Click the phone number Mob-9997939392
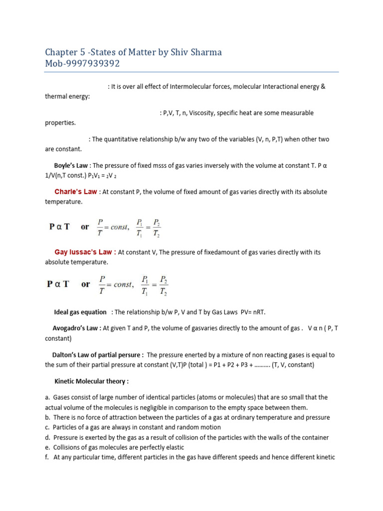coord(82,64)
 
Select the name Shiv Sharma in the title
coord(197,52)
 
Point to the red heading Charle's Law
coord(75,192)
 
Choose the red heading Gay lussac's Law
coord(85,252)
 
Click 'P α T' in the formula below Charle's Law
coord(59,227)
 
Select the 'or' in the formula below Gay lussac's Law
coord(86,284)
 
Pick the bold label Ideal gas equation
coord(80,312)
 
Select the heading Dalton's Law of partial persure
coord(98,355)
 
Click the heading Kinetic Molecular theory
coord(91,382)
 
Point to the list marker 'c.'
coord(47,428)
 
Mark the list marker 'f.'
coord(47,458)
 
